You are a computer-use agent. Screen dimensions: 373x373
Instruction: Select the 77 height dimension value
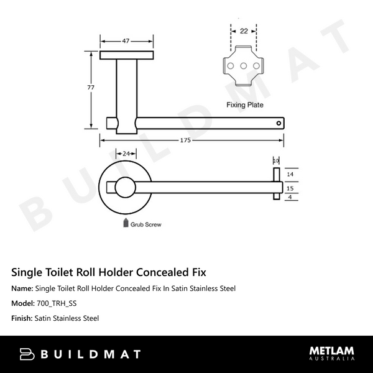point(91,88)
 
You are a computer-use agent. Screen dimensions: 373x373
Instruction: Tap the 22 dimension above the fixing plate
point(243,30)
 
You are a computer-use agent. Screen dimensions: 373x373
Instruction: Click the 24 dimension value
point(126,153)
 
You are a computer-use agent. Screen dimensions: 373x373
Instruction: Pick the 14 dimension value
point(289,174)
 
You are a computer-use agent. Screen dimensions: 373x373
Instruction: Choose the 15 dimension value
point(289,188)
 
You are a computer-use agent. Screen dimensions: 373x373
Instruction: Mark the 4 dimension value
point(289,198)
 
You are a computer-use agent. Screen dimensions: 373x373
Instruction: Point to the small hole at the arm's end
point(279,124)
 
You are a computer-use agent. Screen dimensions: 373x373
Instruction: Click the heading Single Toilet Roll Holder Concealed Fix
point(109,272)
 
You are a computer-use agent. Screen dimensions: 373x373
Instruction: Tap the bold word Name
point(22,288)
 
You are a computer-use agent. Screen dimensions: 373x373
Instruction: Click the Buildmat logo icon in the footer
point(29,354)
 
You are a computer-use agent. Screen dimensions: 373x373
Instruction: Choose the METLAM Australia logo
point(332,353)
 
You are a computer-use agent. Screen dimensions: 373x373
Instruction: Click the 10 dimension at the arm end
point(276,160)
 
